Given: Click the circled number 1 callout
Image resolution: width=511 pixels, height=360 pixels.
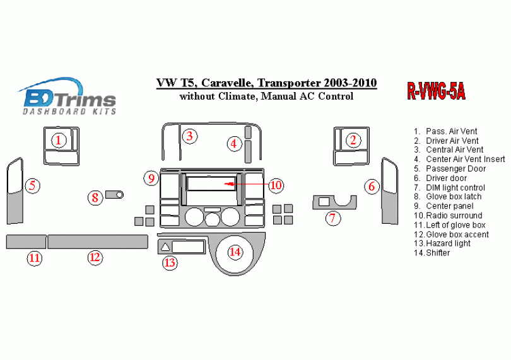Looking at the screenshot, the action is [x=58, y=141].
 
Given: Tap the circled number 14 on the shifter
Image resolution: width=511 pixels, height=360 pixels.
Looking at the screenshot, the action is [x=235, y=252].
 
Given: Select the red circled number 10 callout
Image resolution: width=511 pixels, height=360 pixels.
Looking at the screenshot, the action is [x=276, y=185].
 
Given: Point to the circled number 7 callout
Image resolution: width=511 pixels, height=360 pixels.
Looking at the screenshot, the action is [x=332, y=218].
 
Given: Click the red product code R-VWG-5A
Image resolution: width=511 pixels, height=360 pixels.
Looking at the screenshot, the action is [x=436, y=90].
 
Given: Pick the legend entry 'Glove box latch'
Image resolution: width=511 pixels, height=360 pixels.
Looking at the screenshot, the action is [x=447, y=197].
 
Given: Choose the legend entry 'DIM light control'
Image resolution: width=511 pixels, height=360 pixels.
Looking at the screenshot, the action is [x=449, y=188].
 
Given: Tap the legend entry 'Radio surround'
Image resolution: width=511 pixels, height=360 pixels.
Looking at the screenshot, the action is [x=448, y=216].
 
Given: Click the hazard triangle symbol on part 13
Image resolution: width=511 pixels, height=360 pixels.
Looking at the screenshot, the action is [x=165, y=247].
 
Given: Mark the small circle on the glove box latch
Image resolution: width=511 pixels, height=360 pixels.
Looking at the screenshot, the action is [x=120, y=195].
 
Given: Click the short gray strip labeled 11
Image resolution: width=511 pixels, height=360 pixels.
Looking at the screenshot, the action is [x=26, y=241].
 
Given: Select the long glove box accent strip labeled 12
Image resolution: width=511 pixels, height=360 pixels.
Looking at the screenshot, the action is [x=98, y=241].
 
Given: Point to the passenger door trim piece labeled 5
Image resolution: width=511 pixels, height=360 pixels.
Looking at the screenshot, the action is [x=15, y=192].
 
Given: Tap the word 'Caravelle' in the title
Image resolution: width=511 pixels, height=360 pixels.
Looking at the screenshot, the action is [x=226, y=83].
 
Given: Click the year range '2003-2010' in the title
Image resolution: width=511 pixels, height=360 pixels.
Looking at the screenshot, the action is [x=350, y=83].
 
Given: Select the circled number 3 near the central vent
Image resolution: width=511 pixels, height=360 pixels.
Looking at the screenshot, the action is [x=190, y=136].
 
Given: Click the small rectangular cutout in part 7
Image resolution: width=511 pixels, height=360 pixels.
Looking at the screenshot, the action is [x=324, y=202].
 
